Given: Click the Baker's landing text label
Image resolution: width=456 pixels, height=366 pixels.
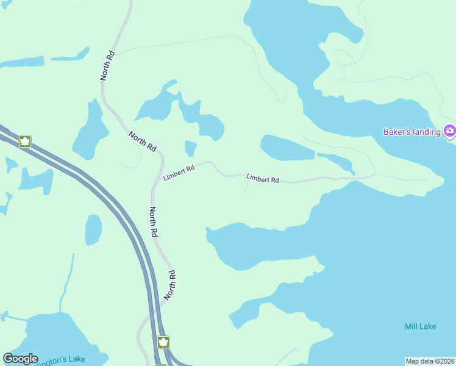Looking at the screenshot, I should click(411, 132).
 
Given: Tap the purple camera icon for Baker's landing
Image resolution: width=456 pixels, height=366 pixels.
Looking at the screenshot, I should click(450, 131).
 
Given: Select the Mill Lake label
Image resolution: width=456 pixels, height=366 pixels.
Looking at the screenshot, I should click(420, 326).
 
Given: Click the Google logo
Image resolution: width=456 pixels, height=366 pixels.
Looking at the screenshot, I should click(20, 359).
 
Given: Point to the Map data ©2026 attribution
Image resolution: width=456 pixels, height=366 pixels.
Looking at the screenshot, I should click(430, 361).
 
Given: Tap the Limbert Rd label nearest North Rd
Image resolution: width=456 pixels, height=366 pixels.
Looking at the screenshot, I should click(179, 173).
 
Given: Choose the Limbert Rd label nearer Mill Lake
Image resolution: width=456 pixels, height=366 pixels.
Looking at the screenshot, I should click(263, 179).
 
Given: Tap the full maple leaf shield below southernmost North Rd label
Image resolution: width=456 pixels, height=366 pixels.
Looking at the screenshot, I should click(163, 342).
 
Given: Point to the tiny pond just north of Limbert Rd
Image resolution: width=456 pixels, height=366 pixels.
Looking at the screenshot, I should click(191, 147).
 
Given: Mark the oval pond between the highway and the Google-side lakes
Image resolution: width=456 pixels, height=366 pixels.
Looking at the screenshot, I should click(93, 230).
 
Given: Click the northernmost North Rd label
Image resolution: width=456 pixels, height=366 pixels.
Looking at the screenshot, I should click(108, 65).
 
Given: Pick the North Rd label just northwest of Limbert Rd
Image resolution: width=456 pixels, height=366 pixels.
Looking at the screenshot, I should click(143, 141).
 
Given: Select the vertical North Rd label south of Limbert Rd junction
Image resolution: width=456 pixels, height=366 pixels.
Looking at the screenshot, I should click(154, 221).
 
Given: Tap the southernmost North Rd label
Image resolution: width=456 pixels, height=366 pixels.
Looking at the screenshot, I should click(171, 285).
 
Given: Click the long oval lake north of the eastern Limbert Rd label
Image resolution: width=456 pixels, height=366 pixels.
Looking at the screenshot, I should click(287, 148).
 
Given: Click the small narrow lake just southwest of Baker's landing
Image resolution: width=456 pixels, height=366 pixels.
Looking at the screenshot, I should click(335, 160).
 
